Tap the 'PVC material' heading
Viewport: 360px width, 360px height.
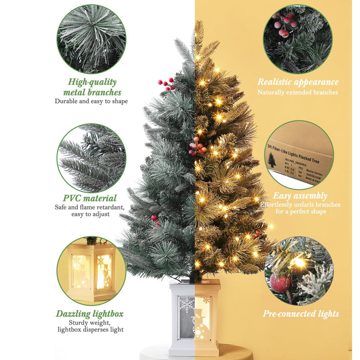tap(90, 198)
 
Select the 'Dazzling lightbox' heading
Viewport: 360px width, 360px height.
tap(90, 314)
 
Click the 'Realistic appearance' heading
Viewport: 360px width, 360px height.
tap(298, 82)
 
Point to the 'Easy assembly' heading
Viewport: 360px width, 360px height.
tap(300, 196)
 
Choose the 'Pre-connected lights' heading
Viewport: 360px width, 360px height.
tap(300, 314)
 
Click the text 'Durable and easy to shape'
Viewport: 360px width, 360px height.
tap(91, 101)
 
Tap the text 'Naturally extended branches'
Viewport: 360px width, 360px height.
tap(298, 92)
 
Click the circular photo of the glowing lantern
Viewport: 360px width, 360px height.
tap(91, 271)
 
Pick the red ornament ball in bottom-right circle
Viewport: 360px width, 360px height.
tap(280, 283)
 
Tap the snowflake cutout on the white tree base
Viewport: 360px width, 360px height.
tap(186, 304)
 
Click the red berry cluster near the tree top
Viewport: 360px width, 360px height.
tap(167, 83)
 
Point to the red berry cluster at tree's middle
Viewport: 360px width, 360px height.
tap(196, 147)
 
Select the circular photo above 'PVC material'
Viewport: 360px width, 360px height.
tap(91, 158)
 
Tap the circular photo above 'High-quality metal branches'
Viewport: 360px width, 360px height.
tap(91, 39)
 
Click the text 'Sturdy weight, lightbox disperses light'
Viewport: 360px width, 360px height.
tap(90, 326)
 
